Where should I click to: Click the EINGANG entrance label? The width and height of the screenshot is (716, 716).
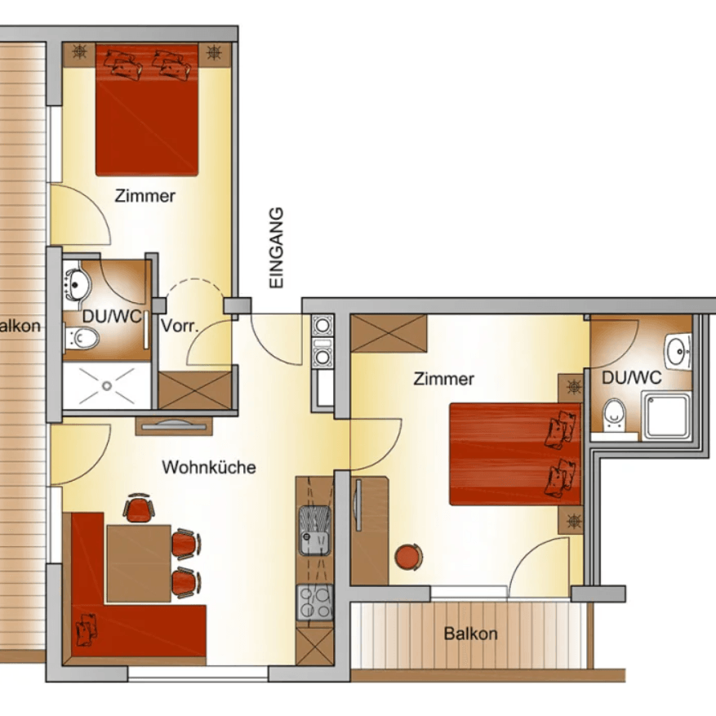click(x=277, y=248)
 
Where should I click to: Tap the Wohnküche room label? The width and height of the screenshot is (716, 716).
click(x=209, y=467)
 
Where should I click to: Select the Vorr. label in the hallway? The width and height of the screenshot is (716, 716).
click(x=180, y=326)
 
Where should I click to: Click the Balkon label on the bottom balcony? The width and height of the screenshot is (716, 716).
click(x=470, y=634)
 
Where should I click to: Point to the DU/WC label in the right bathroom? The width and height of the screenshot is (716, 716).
click(x=632, y=377)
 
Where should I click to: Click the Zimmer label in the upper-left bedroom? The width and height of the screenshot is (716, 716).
click(x=145, y=196)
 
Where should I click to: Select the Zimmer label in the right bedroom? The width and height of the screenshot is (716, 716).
click(x=444, y=379)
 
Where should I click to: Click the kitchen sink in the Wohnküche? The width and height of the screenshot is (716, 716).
click(x=314, y=530)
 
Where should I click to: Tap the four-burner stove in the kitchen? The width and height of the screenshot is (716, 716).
click(x=314, y=602)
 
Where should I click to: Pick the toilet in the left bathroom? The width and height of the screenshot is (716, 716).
click(x=82, y=338)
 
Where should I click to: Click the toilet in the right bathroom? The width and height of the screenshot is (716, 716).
click(x=614, y=415)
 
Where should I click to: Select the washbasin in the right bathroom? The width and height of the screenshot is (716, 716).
click(x=678, y=351)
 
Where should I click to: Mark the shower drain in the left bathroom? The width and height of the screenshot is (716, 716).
click(x=107, y=386)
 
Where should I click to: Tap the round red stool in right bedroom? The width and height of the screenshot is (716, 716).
click(x=408, y=557)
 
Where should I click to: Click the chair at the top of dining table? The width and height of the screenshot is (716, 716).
click(x=139, y=509)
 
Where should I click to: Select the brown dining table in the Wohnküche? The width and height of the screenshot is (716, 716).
click(x=139, y=563)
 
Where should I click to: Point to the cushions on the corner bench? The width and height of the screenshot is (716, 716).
click(x=87, y=629)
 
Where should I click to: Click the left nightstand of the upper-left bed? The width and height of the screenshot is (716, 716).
click(x=79, y=55)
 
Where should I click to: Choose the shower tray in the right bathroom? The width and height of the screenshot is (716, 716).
click(x=667, y=416)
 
